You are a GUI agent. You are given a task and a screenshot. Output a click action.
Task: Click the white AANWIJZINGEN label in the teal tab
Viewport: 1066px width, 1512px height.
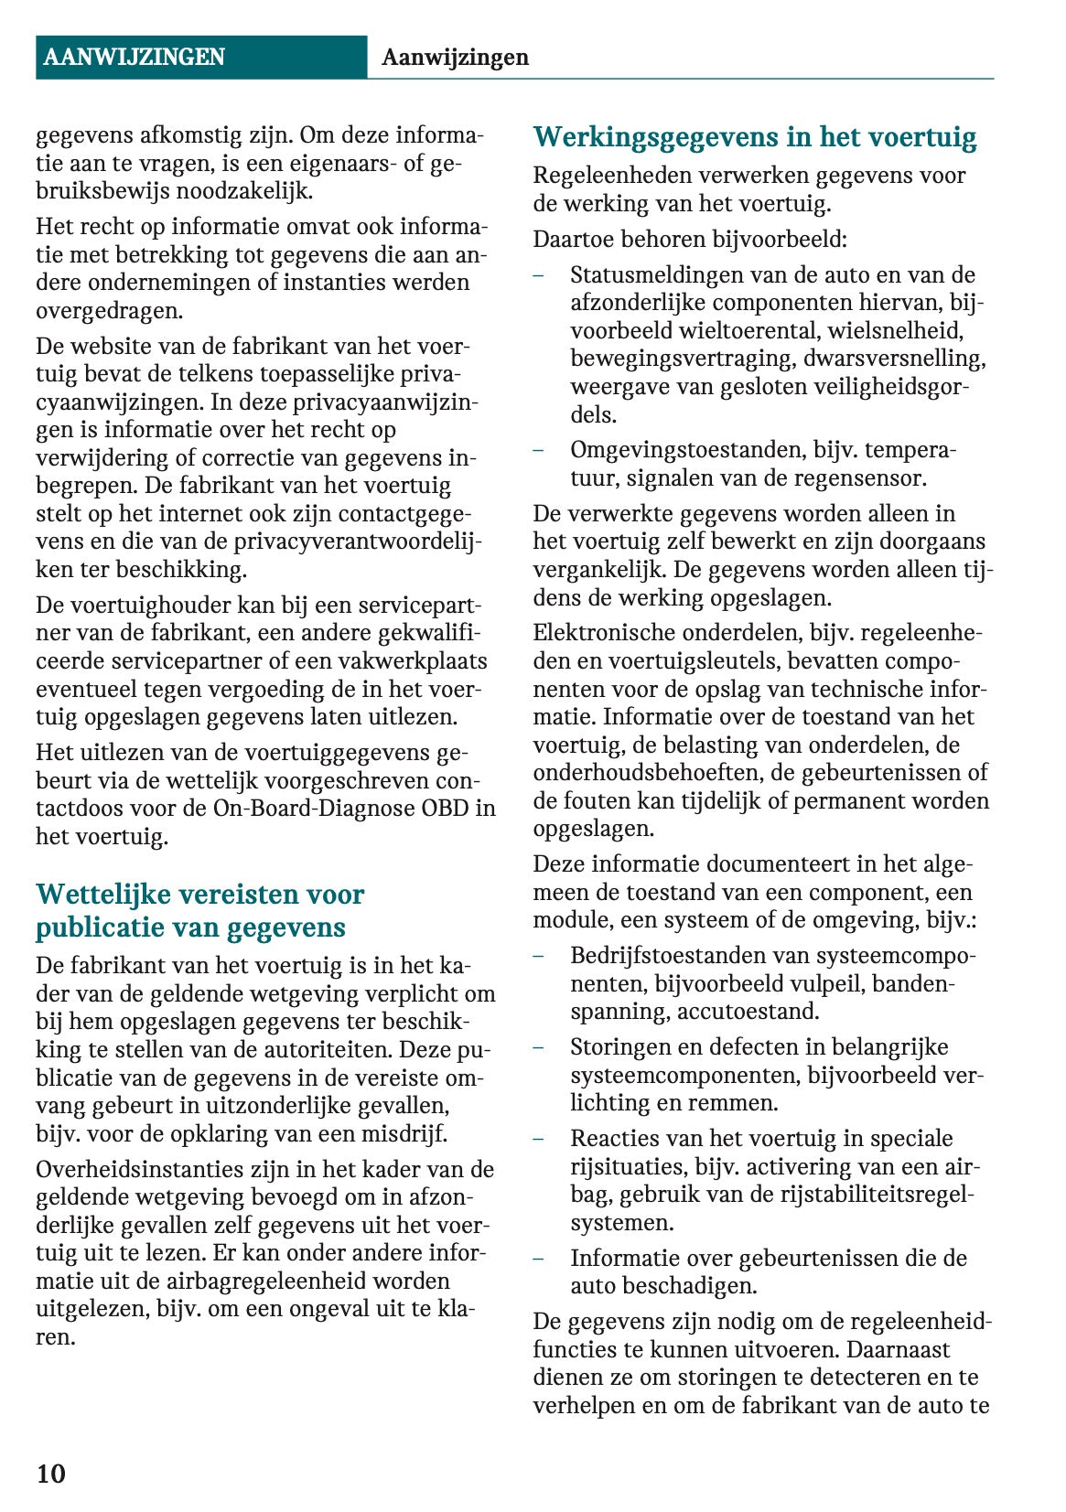(x=134, y=57)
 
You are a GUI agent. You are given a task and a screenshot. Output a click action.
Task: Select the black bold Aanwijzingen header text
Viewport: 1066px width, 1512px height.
(x=455, y=57)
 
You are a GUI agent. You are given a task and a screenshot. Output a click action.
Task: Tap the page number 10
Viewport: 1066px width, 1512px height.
(x=51, y=1474)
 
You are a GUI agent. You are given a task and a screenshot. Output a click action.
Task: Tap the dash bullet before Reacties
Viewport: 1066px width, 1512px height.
(x=539, y=1139)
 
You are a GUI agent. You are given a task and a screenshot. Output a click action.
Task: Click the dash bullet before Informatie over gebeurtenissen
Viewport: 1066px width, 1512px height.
(x=539, y=1259)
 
